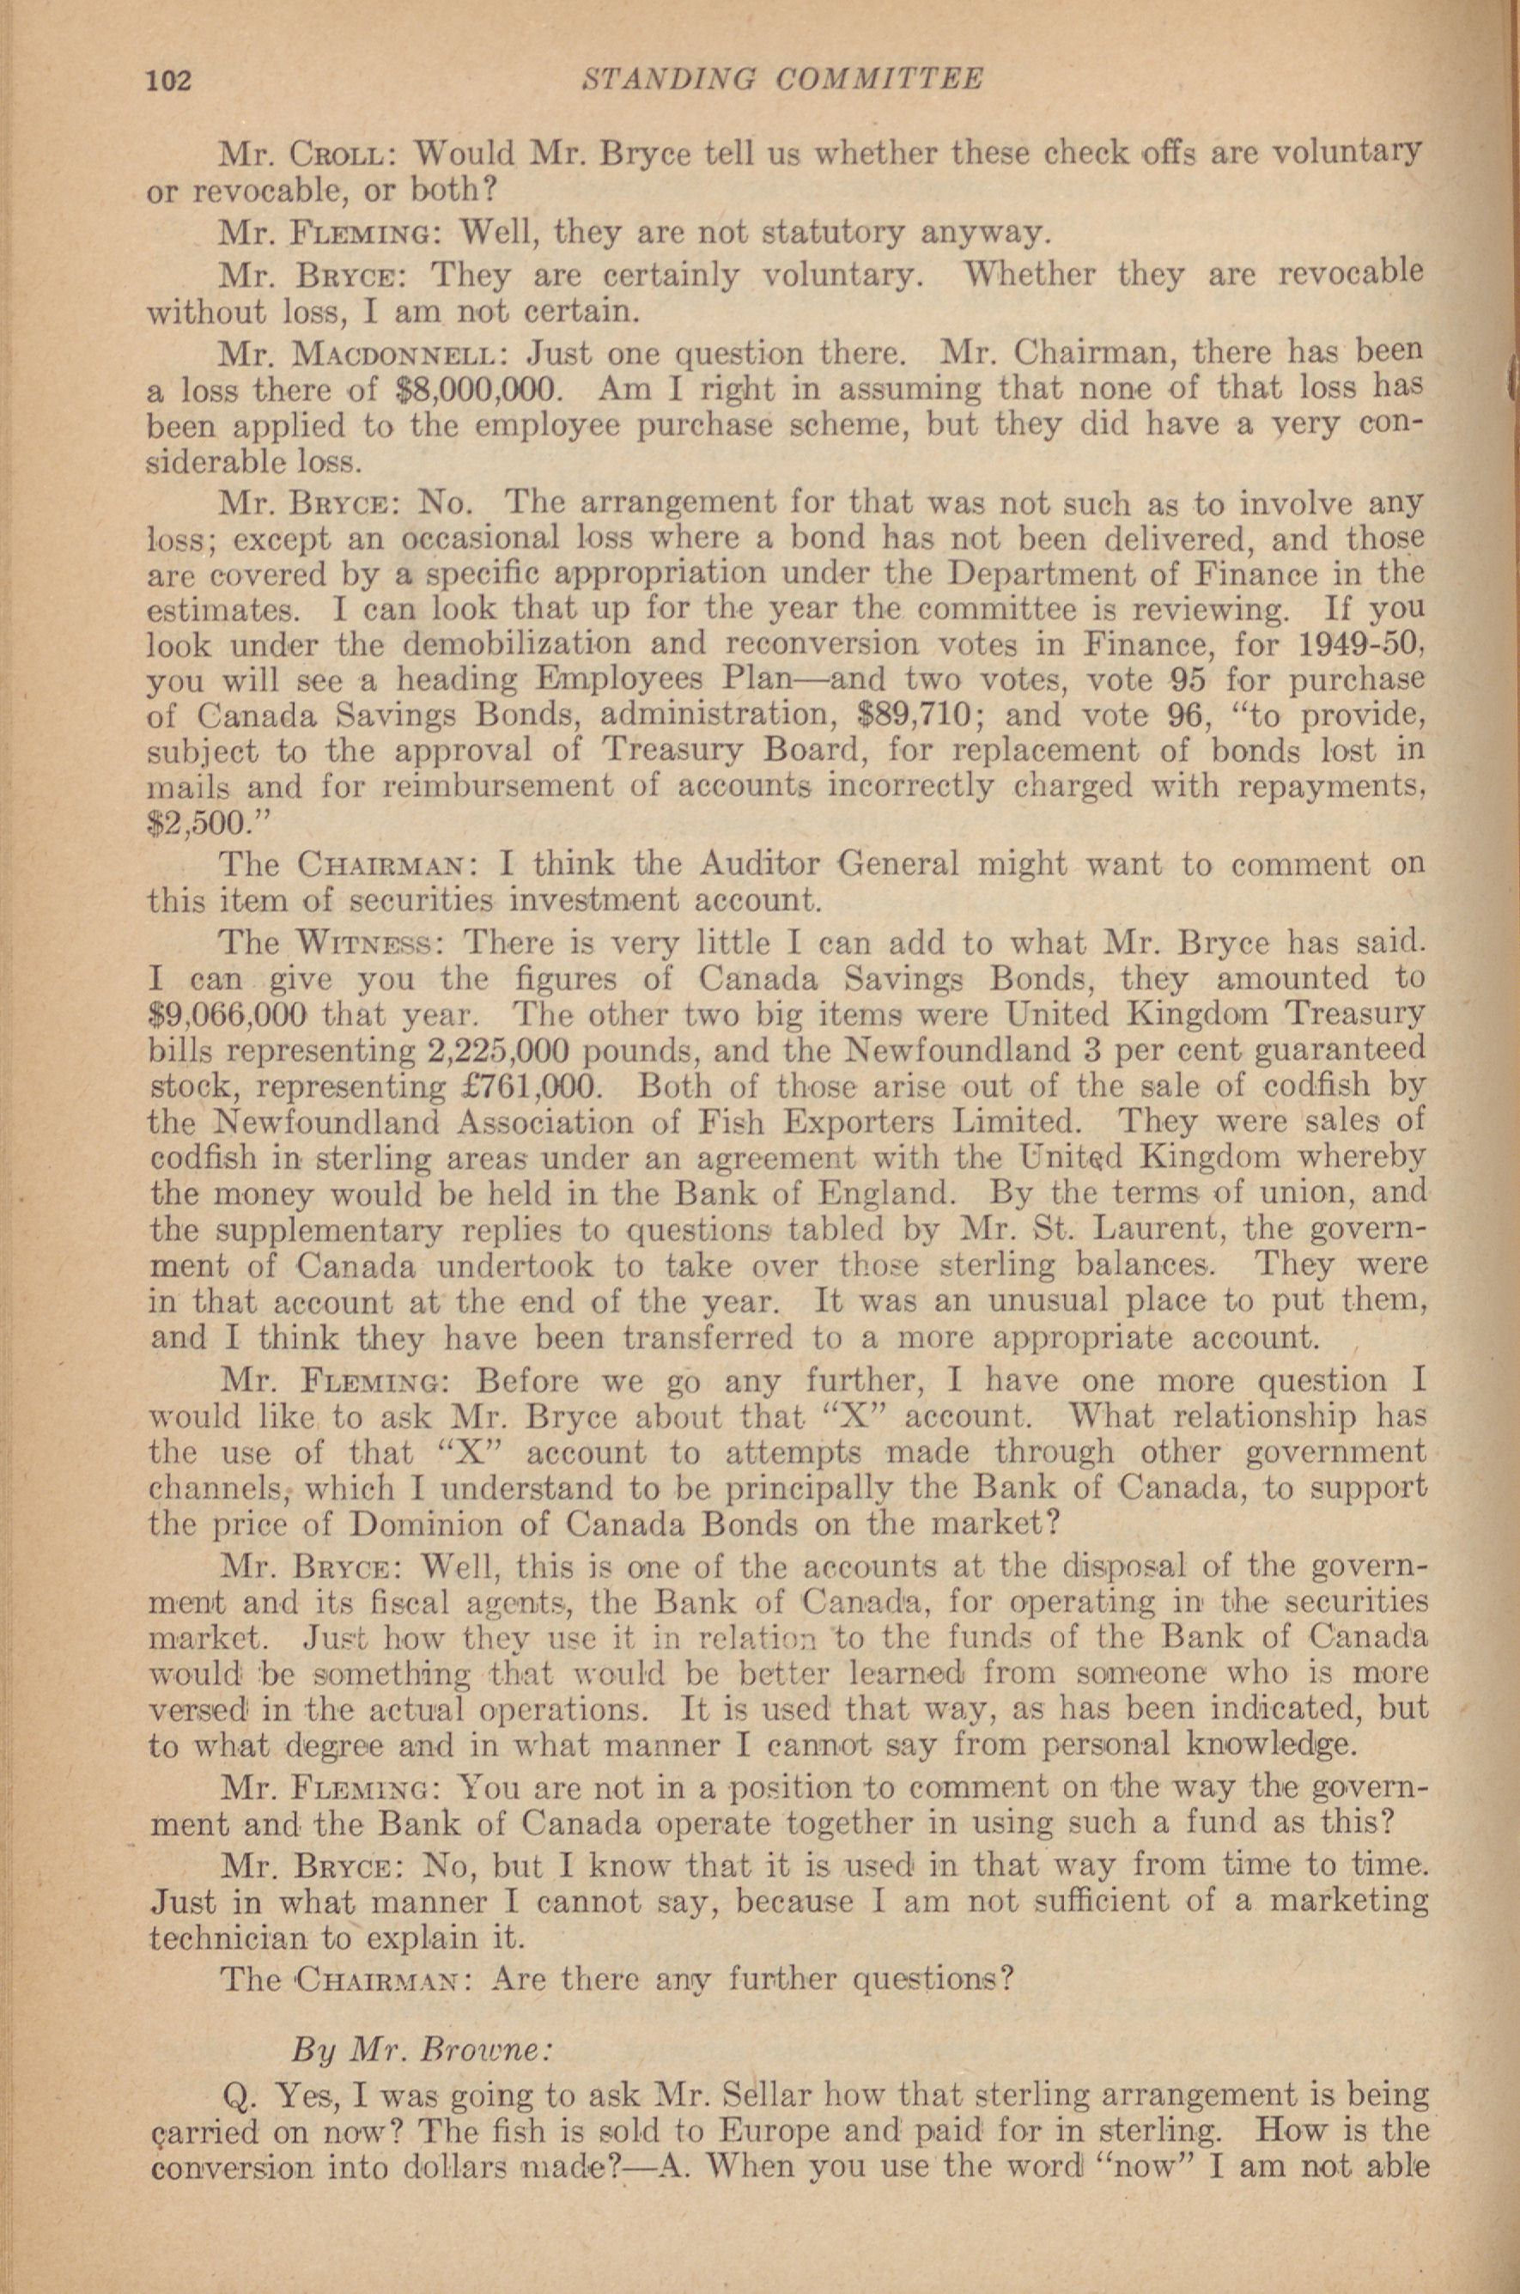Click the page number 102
170,80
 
